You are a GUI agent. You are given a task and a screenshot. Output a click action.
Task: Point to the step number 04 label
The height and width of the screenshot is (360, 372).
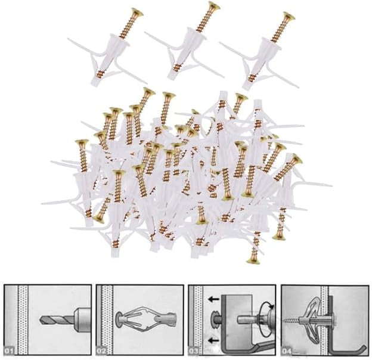pos(287,350)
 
